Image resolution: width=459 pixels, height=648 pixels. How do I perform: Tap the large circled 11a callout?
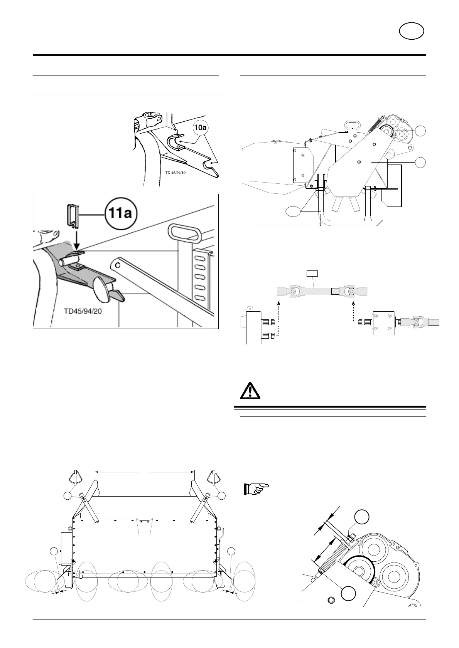tap(119, 213)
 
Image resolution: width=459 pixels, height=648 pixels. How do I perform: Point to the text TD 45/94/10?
tap(175, 173)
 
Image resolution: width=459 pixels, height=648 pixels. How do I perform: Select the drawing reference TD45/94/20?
tap(83, 311)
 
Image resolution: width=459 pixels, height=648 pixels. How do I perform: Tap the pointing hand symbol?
tap(256, 489)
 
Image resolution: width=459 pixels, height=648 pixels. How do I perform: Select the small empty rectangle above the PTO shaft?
tap(312, 274)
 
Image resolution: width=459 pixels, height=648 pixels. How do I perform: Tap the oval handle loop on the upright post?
tap(180, 233)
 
